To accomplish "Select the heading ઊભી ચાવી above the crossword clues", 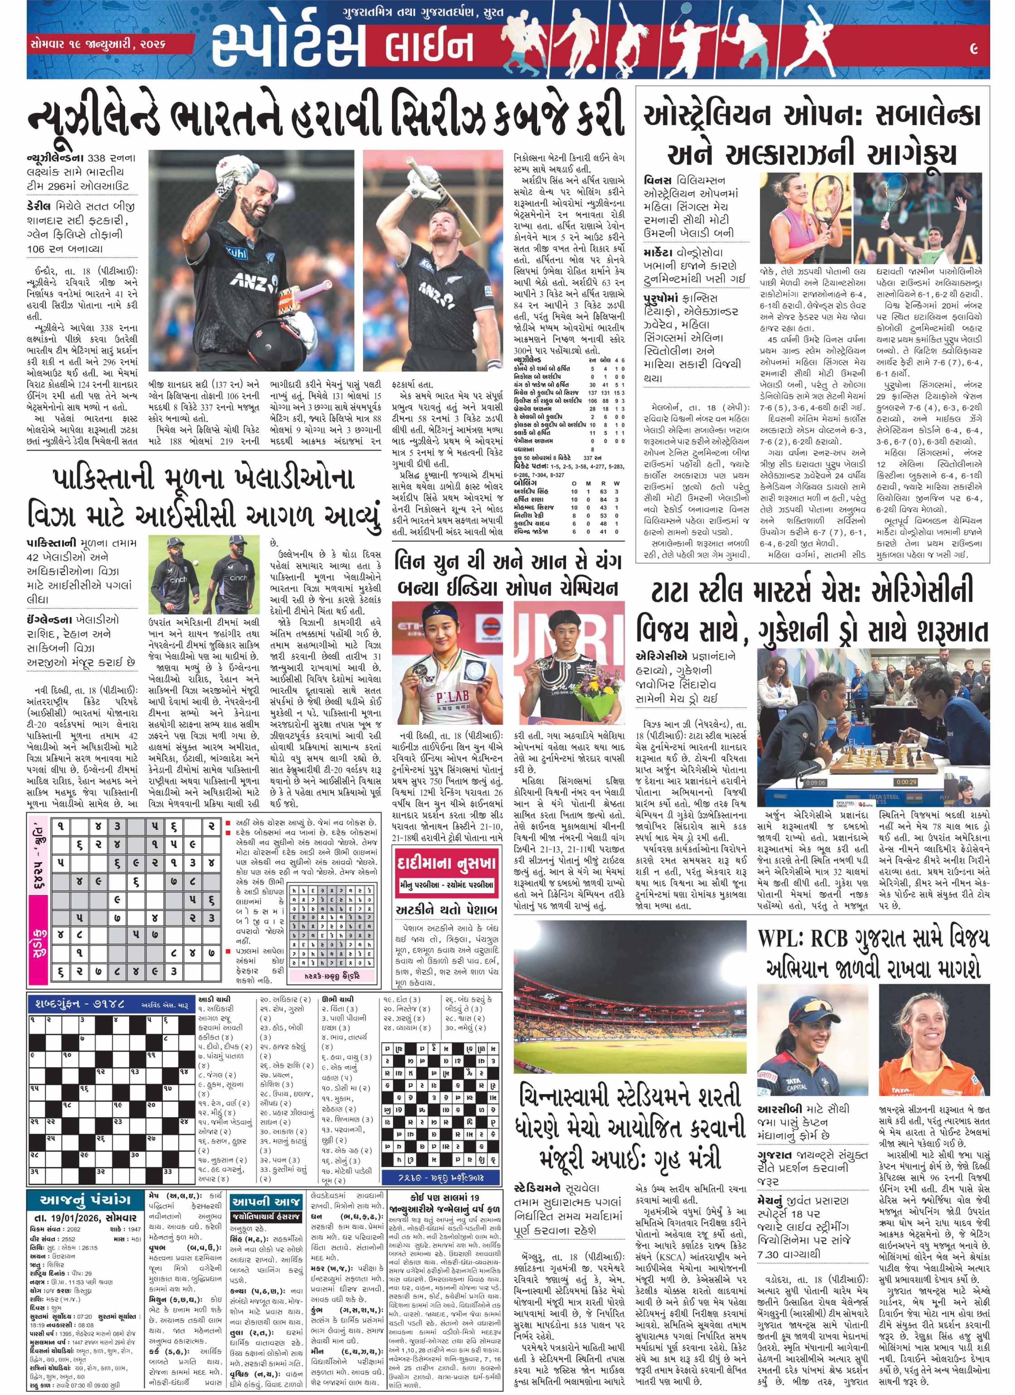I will pos(338,999).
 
